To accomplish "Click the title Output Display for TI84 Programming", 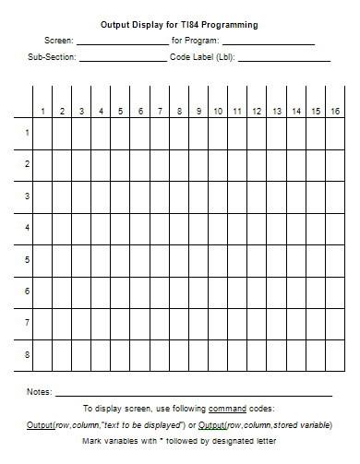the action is point(179,25).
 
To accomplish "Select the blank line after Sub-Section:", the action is point(123,59).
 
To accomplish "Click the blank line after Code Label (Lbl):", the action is point(284,59).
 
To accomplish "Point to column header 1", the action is point(42,112).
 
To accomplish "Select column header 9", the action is point(198,112).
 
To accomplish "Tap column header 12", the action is point(257,112).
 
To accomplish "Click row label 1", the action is point(27,133).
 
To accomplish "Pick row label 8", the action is point(27,354).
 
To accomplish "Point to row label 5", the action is point(27,259).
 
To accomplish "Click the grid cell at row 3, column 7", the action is point(159,196).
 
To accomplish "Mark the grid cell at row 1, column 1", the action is point(42,133).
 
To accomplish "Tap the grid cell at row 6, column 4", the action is point(101,291).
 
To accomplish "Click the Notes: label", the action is point(39,392).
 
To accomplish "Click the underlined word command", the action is point(227,408).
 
